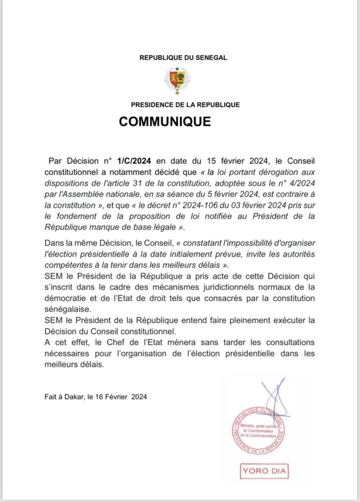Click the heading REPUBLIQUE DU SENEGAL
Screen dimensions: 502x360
point(183,57)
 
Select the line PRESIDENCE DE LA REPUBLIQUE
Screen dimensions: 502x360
point(185,104)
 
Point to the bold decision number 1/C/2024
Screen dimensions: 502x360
point(134,161)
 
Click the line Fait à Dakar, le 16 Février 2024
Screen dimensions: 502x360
point(96,397)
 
